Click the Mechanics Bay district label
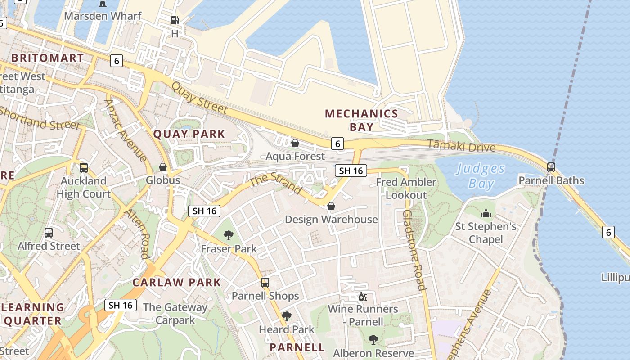point(362,120)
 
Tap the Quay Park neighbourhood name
point(189,134)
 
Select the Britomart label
point(47,58)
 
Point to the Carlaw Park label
point(176,283)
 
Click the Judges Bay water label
point(481,176)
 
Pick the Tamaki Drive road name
point(461,146)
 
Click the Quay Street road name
point(199,98)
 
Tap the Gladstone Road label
point(414,250)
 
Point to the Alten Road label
point(137,234)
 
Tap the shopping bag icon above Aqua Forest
point(295,144)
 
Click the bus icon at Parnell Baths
point(551,167)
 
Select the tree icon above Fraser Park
point(229,235)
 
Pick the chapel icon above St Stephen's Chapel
point(486,213)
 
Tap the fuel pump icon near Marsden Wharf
point(175,20)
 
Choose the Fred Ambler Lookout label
point(406,189)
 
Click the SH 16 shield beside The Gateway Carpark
point(121,305)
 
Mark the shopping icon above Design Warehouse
point(331,206)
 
